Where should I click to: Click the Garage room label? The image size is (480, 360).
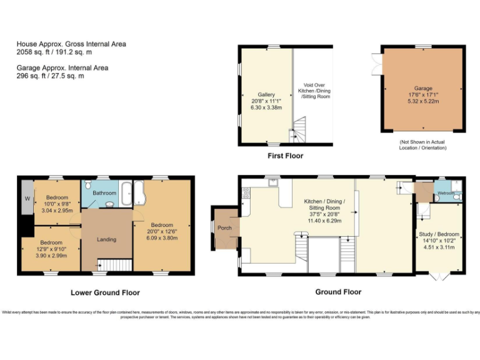click(423, 89)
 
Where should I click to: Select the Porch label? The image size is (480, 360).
click(224, 227)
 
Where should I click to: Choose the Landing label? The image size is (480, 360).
click(107, 239)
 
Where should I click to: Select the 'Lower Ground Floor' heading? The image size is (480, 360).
click(105, 292)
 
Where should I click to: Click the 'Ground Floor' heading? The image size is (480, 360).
click(338, 292)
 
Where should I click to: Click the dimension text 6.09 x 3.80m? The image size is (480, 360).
click(161, 237)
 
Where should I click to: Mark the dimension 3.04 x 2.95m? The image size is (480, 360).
click(56, 211)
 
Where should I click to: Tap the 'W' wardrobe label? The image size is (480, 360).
click(27, 199)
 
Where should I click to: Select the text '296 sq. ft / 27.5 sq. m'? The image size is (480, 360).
click(50, 76)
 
